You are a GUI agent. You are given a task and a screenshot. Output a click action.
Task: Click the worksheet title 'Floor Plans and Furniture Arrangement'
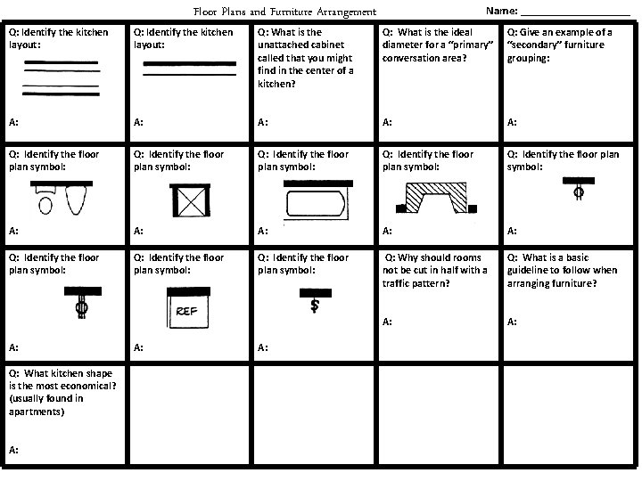click(284, 12)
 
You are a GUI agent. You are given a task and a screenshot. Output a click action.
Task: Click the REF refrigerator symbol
click(187, 307)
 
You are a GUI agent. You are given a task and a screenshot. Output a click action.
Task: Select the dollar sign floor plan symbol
click(314, 303)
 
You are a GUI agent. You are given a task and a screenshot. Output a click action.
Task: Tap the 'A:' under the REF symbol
click(138, 347)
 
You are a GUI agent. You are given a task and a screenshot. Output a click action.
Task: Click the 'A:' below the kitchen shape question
click(13, 451)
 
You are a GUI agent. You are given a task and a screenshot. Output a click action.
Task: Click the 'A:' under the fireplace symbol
click(388, 230)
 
